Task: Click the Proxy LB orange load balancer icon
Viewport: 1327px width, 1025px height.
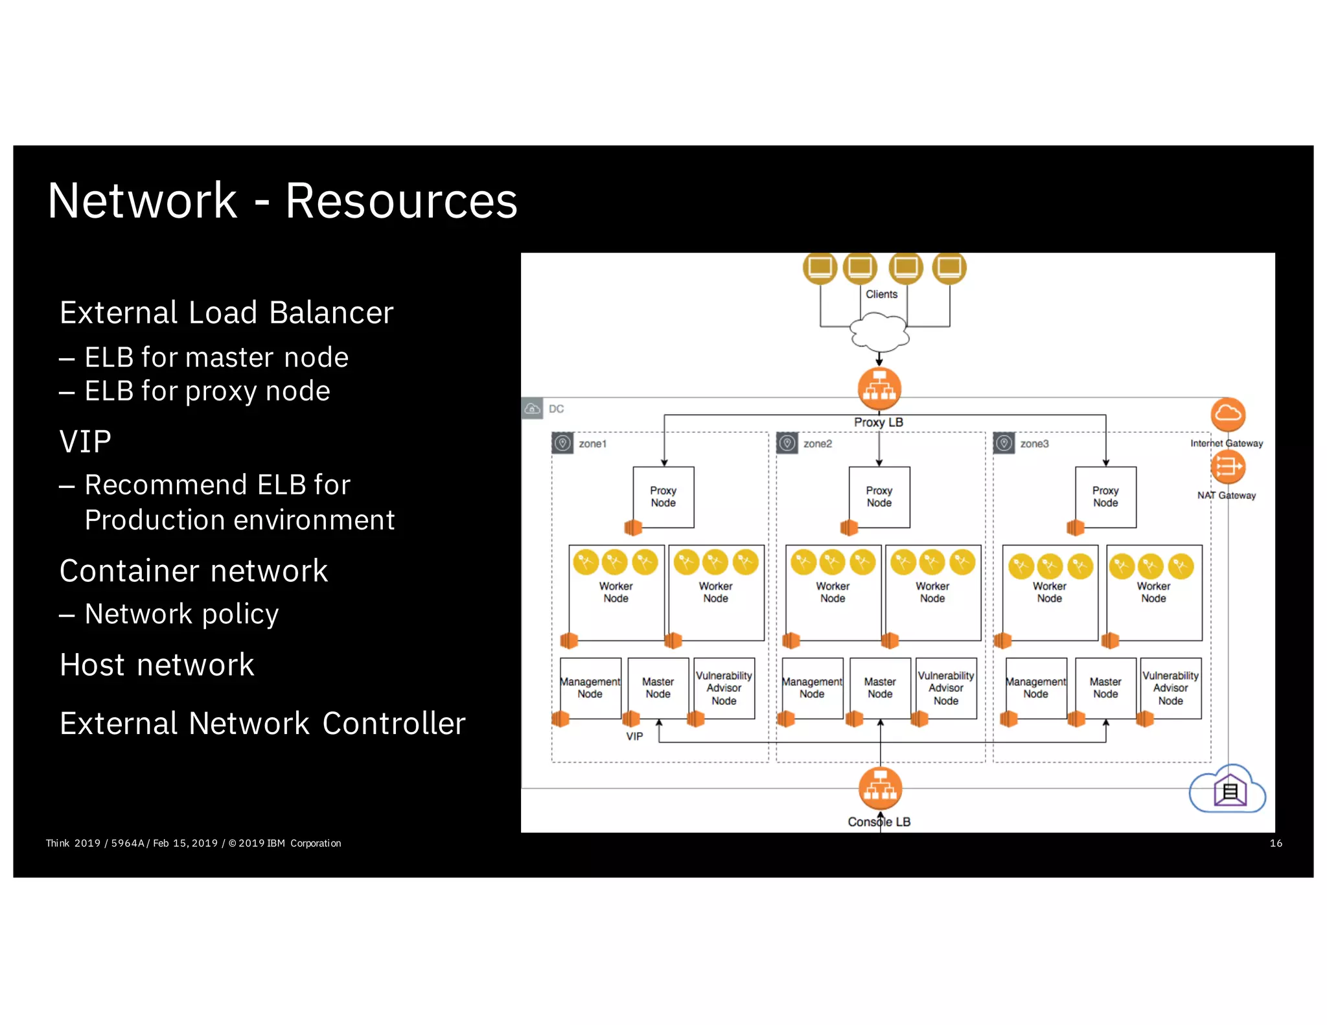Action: point(879,389)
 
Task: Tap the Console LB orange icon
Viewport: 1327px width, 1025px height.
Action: point(880,789)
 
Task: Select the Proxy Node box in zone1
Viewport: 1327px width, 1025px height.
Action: point(663,497)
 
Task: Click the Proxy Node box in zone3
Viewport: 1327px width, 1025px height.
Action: point(1105,497)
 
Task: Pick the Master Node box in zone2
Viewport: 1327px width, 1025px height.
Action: point(880,688)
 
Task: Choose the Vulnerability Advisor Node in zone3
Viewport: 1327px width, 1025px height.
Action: point(1170,688)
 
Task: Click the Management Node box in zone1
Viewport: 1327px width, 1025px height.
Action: point(590,688)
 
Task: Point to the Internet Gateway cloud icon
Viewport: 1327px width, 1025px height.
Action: point(1228,414)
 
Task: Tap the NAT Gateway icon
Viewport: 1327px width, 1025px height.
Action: point(1228,466)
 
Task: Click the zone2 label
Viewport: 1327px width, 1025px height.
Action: point(817,444)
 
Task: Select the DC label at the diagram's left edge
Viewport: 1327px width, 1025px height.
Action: point(556,409)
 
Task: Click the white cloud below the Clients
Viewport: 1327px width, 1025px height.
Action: point(879,332)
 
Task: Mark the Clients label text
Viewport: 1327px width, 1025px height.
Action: point(881,294)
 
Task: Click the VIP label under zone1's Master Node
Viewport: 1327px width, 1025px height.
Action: point(634,737)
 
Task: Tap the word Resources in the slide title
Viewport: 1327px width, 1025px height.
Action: point(401,202)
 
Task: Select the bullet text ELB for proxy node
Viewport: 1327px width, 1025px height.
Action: point(207,391)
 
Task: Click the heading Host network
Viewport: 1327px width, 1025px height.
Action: point(157,665)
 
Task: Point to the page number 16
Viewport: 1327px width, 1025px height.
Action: point(1275,843)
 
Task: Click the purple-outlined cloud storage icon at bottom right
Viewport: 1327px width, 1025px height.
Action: point(1228,791)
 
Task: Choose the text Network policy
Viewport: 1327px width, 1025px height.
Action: point(181,614)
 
